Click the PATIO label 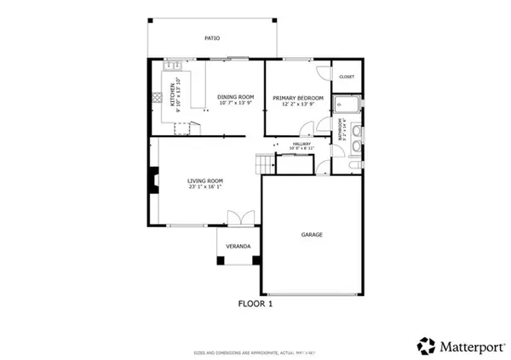tap(212, 38)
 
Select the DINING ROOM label tap(236, 97)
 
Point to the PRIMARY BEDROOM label tap(298, 98)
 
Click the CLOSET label tap(347, 77)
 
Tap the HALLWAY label tap(302, 144)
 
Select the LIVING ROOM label tap(205, 180)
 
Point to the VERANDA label tap(238, 247)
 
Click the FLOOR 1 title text tap(255, 302)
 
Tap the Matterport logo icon tap(425, 346)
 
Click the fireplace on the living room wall tap(153, 179)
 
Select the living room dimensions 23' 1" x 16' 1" tap(205, 187)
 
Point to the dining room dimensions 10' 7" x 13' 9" tap(236, 104)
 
